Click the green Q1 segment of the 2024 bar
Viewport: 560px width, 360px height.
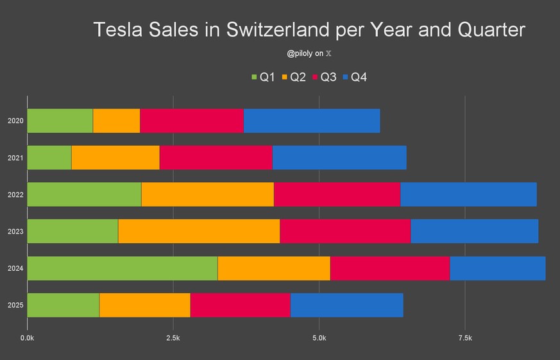click(x=123, y=268)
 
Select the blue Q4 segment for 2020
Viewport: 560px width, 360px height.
click(x=312, y=121)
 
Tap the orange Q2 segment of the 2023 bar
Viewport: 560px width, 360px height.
click(x=199, y=231)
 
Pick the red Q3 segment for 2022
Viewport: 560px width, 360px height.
click(x=337, y=194)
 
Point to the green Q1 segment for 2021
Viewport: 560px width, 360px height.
click(x=49, y=157)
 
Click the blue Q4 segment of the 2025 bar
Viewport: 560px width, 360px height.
click(x=346, y=305)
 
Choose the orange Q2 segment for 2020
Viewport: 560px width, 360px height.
click(x=116, y=121)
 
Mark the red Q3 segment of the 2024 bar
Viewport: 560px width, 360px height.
click(x=390, y=268)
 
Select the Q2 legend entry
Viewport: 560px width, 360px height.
click(x=293, y=78)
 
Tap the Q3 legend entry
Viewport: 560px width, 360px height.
click(x=324, y=78)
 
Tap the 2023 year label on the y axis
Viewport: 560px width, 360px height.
click(x=15, y=231)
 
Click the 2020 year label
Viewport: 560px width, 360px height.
click(x=15, y=121)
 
